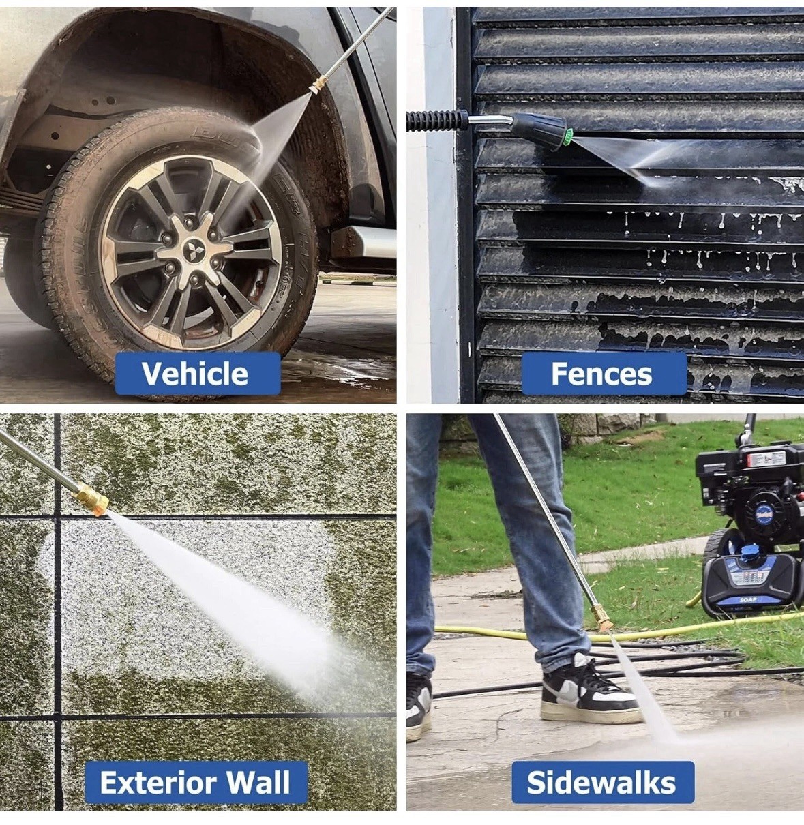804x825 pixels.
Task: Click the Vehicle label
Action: (x=198, y=373)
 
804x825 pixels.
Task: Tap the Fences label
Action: (x=604, y=374)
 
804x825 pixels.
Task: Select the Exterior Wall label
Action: (x=196, y=782)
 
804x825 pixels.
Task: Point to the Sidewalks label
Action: (x=603, y=783)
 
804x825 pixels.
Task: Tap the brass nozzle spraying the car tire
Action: (x=317, y=85)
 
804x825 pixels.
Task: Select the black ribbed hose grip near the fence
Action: (x=436, y=120)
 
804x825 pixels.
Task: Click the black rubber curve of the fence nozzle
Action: (x=539, y=130)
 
